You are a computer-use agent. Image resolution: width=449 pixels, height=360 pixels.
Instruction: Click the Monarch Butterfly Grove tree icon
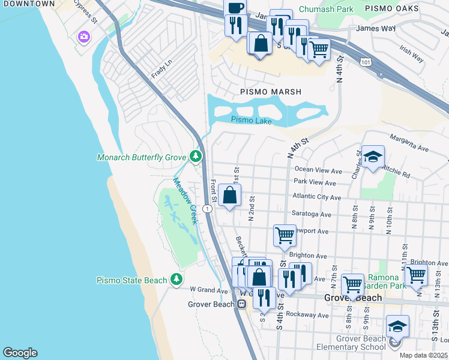click(195, 157)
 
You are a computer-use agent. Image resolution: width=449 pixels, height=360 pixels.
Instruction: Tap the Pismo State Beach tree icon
click(176, 280)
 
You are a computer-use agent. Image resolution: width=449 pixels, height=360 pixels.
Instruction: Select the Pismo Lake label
click(252, 121)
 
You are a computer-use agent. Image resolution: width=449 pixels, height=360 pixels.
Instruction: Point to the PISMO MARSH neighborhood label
click(271, 92)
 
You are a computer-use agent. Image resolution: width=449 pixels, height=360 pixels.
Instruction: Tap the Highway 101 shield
click(367, 62)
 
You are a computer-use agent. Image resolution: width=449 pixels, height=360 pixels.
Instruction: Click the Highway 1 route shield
click(206, 209)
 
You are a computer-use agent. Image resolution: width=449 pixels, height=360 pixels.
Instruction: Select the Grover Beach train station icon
click(241, 304)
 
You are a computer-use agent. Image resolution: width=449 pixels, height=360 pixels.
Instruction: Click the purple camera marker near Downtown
click(83, 37)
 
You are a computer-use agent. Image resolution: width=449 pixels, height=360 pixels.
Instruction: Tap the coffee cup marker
click(235, 8)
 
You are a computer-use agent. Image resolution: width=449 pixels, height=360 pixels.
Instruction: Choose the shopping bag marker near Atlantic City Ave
click(229, 196)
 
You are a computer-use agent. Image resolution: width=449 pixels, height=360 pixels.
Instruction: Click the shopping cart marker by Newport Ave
click(285, 235)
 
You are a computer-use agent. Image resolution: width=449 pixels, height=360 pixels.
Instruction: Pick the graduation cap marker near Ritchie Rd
click(373, 158)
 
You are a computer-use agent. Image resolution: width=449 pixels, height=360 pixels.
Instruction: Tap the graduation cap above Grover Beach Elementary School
click(397, 326)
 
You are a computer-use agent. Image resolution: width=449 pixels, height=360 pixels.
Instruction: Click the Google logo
click(20, 353)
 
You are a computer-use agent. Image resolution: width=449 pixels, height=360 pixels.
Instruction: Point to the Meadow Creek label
click(185, 200)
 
